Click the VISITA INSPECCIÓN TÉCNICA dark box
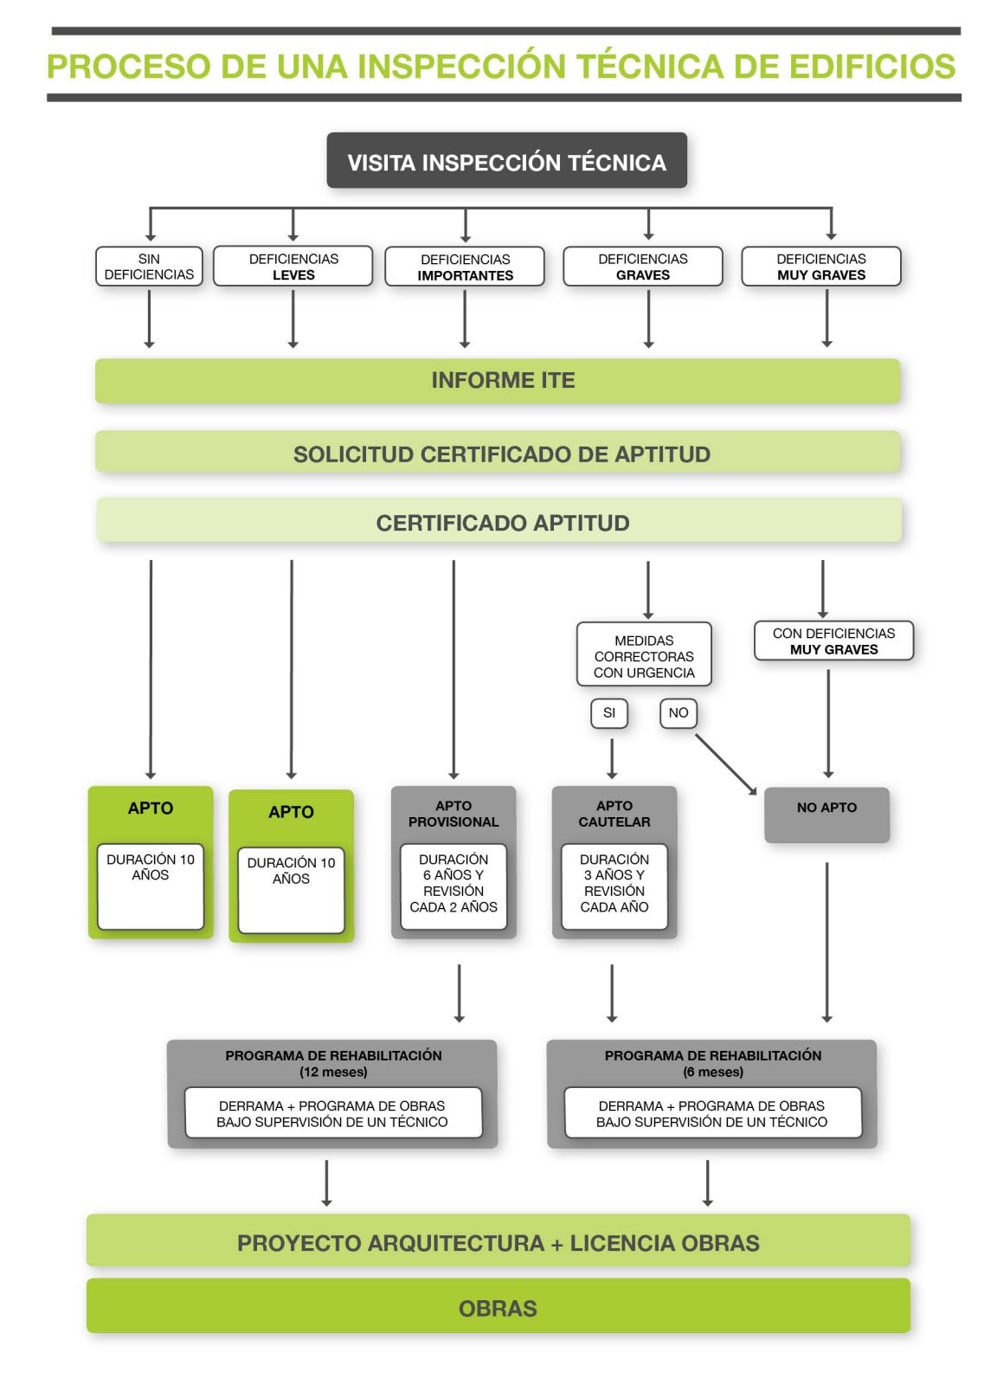tap(506, 161)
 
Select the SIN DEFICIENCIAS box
tap(149, 267)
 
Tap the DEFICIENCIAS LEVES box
tap(293, 267)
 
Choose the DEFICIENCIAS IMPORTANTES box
tap(465, 267)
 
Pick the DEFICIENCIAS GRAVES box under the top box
tap(642, 267)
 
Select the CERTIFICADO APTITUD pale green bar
tap(499, 522)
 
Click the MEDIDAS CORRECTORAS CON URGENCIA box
tap(644, 656)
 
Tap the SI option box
tap(609, 713)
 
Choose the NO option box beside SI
tap(679, 713)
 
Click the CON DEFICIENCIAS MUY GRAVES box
tap(833, 641)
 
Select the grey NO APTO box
tap(827, 815)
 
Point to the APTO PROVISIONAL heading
tap(453, 814)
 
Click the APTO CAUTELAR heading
tap(614, 814)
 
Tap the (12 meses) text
tap(333, 1073)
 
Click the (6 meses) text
tap(713, 1073)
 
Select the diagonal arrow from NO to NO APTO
tap(726, 764)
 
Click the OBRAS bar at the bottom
tap(498, 1307)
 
